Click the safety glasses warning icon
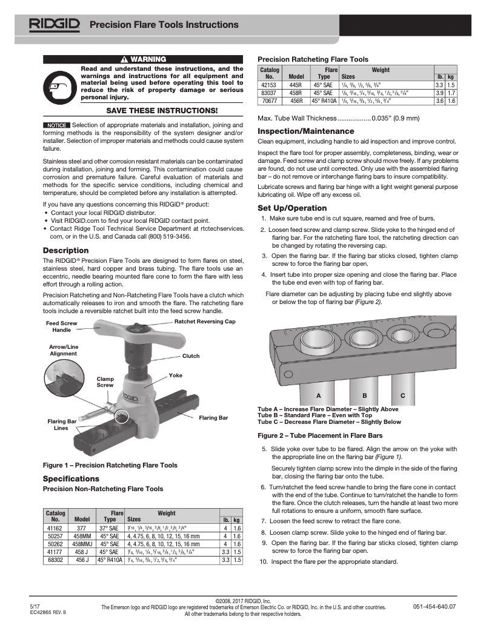[60, 86]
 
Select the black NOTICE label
[56, 125]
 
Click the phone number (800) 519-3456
[166, 237]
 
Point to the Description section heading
[65, 251]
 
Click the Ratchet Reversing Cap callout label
[205, 322]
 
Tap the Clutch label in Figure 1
[191, 356]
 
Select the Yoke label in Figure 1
[175, 375]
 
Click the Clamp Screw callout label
[105, 382]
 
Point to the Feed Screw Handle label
[61, 327]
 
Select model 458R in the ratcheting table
[296, 93]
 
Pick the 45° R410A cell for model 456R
[324, 101]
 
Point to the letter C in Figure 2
[403, 395]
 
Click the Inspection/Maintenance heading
[298, 131]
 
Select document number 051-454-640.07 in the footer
[434, 606]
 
